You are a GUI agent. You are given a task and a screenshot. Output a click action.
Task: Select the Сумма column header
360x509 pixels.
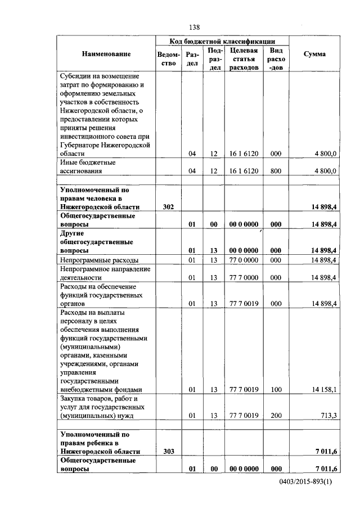314,54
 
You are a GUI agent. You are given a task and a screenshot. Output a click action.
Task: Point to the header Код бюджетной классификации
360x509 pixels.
222,41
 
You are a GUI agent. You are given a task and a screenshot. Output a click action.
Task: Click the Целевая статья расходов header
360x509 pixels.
244,58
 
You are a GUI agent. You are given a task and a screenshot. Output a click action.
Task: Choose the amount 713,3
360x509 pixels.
328,416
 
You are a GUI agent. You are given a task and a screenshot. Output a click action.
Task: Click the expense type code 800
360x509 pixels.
276,171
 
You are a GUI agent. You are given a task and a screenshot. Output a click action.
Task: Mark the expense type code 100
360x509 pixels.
276,389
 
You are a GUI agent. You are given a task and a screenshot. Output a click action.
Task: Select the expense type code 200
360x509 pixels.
276,416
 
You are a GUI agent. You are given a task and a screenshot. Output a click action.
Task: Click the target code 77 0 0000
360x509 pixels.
244,260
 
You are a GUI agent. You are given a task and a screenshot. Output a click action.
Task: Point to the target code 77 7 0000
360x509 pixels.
244,277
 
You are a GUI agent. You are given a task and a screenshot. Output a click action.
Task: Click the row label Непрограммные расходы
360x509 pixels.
100,260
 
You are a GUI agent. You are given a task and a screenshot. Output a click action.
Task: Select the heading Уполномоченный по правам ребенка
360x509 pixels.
98,443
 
